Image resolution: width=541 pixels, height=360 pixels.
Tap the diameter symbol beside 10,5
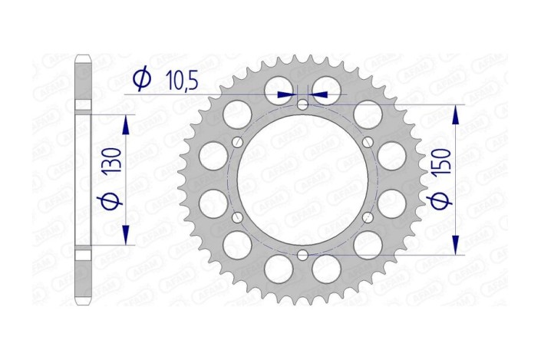(x=141, y=80)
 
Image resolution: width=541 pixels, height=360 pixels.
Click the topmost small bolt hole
(x=302, y=104)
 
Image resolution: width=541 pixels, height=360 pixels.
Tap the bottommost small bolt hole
(x=302, y=255)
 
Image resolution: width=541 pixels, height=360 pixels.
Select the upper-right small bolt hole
(x=368, y=141)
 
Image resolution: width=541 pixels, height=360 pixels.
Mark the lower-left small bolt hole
(x=237, y=217)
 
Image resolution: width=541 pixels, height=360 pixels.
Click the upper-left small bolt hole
(x=237, y=141)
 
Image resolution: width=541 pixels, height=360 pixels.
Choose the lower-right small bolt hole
(x=368, y=217)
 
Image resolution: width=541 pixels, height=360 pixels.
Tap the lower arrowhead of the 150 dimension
(x=457, y=245)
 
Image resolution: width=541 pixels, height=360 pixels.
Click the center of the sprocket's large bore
(x=302, y=179)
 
